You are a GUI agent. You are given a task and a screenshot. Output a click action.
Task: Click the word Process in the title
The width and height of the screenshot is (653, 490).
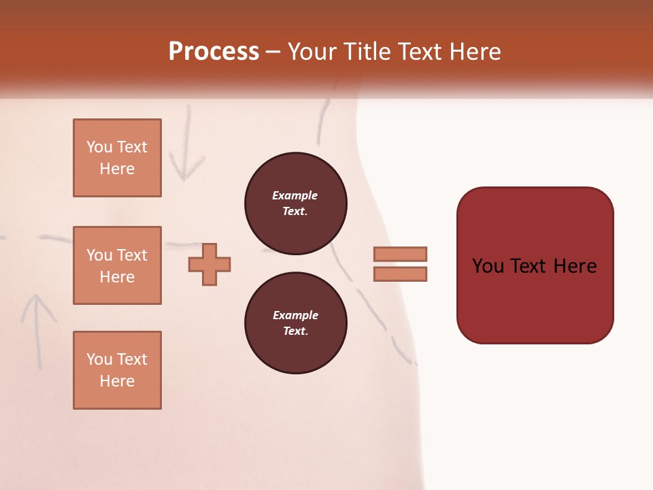tap(214, 52)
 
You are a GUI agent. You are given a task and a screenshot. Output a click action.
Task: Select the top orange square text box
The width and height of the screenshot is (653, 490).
tap(117, 158)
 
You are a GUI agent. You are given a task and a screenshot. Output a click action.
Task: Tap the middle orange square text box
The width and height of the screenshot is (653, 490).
tap(117, 265)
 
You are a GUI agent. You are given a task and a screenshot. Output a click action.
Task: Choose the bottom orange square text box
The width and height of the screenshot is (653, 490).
tap(117, 370)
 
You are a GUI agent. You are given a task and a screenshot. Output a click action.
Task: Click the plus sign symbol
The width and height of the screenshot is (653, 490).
tap(210, 264)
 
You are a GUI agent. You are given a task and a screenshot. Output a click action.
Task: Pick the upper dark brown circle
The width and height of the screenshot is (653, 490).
tap(295, 203)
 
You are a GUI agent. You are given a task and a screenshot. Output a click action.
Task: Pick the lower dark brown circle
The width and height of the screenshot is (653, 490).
tap(295, 323)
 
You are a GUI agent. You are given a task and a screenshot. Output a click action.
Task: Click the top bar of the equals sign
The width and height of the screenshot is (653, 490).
tap(401, 254)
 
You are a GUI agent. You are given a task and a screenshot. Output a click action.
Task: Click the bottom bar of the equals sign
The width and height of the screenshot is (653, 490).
tap(401, 274)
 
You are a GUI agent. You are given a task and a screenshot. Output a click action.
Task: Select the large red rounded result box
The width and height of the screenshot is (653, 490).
tap(535, 265)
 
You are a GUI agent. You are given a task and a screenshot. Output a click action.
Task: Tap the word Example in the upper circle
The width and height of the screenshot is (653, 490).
tap(295, 195)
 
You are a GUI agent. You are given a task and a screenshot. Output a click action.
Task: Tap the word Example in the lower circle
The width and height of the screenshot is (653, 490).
tap(295, 315)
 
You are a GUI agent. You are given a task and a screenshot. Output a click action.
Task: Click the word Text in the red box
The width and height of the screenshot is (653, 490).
tap(528, 265)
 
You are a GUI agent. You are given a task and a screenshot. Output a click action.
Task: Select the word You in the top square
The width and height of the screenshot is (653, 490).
tap(99, 147)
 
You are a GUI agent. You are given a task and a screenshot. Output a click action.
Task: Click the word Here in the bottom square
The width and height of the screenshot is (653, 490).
tap(117, 381)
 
